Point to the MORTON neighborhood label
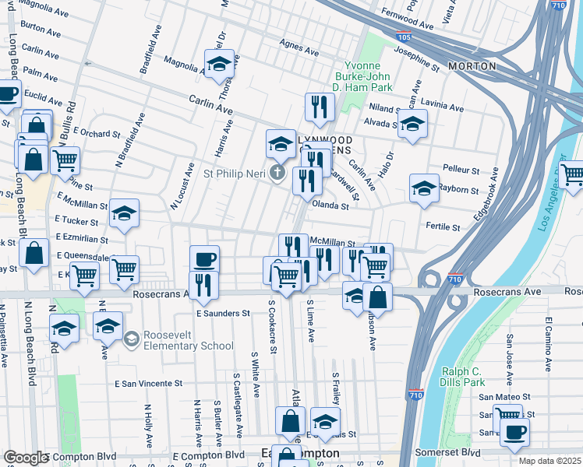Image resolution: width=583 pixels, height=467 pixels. (x=472, y=66)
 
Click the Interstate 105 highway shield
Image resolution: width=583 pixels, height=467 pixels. (x=403, y=37)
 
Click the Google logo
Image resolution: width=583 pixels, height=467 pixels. (x=26, y=458)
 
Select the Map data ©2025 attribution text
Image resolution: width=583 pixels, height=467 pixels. (x=549, y=461)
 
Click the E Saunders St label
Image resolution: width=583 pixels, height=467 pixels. (x=222, y=313)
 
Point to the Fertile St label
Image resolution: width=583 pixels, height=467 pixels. (x=443, y=226)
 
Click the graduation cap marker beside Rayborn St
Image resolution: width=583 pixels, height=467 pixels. (x=424, y=189)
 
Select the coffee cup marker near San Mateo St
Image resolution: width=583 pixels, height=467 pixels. (x=514, y=433)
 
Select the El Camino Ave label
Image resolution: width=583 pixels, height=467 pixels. (x=549, y=342)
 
